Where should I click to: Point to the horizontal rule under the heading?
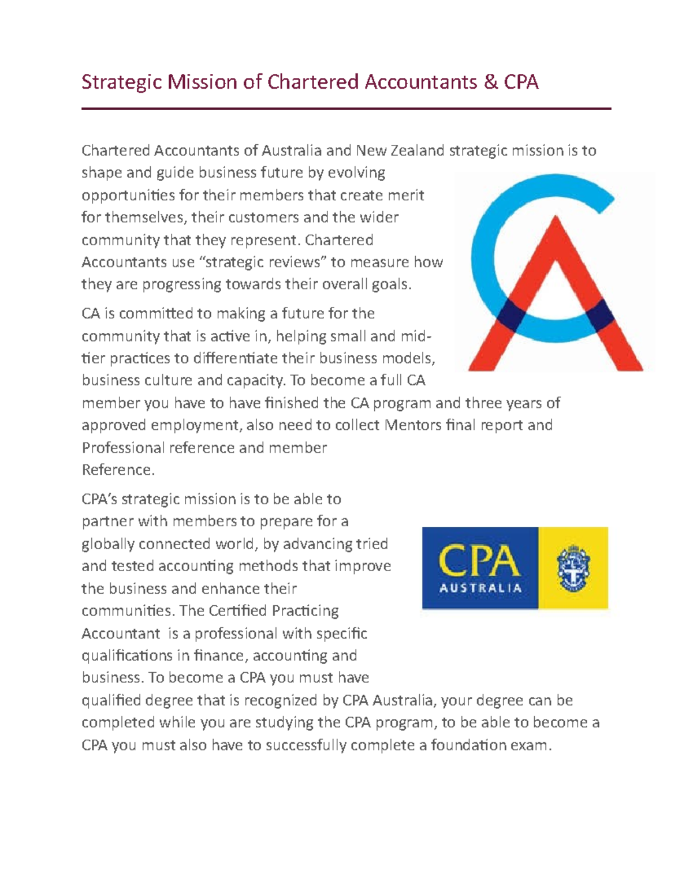pyautogui.click(x=346, y=108)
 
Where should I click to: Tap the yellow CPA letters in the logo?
pyautogui.click(x=479, y=560)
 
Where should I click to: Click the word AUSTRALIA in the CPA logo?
pyautogui.click(x=480, y=589)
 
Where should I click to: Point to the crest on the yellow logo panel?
pyautogui.click(x=573, y=568)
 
